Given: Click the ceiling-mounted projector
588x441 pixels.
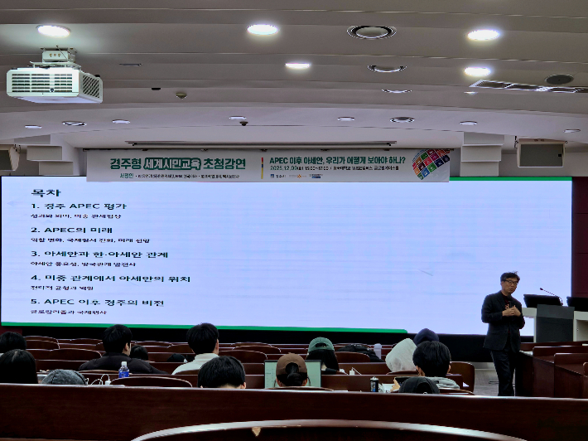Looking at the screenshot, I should (55, 82).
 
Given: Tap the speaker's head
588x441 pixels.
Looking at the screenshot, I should (509, 282).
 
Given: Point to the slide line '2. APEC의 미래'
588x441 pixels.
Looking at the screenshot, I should (72, 230).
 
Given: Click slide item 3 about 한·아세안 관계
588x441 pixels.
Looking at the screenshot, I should (100, 254).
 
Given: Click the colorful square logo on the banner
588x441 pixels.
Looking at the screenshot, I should (431, 163).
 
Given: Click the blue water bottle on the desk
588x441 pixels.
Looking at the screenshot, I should (124, 370).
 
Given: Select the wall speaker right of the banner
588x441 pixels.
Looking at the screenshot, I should (540, 154).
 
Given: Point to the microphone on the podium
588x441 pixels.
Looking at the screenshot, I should (550, 294).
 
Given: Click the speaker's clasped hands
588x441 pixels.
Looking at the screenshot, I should (511, 312).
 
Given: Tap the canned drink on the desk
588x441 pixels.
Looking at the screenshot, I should (374, 385).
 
